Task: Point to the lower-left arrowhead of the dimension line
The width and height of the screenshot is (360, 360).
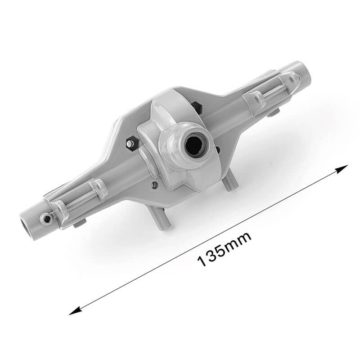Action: (x=76, y=310)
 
